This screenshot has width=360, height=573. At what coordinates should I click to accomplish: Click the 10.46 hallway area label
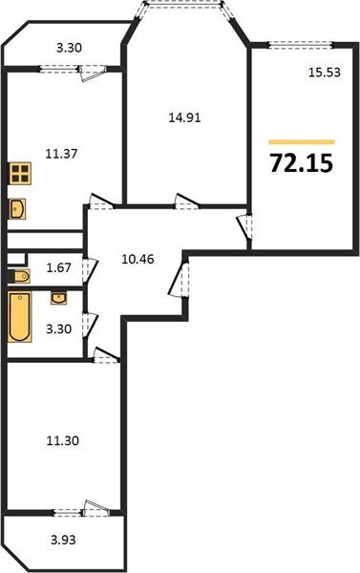pyautogui.click(x=139, y=255)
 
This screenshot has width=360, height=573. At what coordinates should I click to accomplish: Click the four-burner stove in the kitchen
pyautogui.click(x=20, y=176)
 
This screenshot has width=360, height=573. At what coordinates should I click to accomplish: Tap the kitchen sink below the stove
pyautogui.click(x=18, y=208)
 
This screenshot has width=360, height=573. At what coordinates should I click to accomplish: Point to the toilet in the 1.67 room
pyautogui.click(x=20, y=276)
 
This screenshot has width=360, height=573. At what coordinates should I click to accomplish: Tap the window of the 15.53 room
pyautogui.click(x=300, y=43)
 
